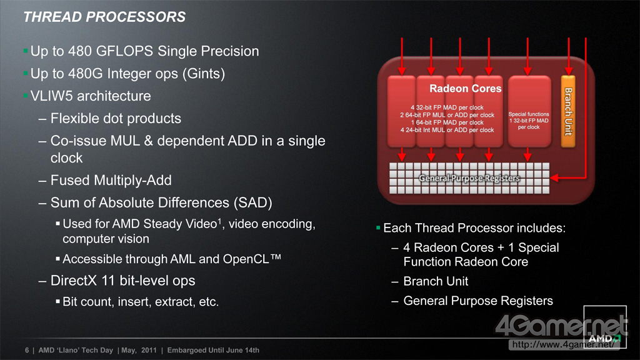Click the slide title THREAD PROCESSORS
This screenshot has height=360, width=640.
[104, 17]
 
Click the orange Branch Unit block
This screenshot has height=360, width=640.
[568, 111]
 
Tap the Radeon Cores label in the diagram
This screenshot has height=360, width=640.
[465, 89]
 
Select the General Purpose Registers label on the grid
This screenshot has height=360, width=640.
[469, 178]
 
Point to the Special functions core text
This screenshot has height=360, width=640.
[529, 121]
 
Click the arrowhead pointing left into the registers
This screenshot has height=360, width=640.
[554, 177]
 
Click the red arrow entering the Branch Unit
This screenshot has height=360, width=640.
[569, 56]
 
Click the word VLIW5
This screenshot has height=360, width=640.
[51, 96]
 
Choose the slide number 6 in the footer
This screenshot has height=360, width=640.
[27, 350]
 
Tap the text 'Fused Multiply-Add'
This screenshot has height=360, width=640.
[111, 181]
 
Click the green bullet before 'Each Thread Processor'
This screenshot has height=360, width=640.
[378, 227]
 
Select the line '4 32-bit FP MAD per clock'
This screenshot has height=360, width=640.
[447, 107]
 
